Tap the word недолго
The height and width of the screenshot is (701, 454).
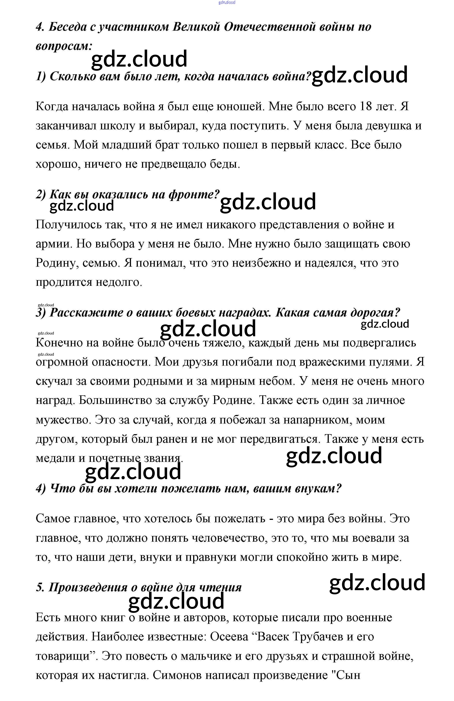118,282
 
